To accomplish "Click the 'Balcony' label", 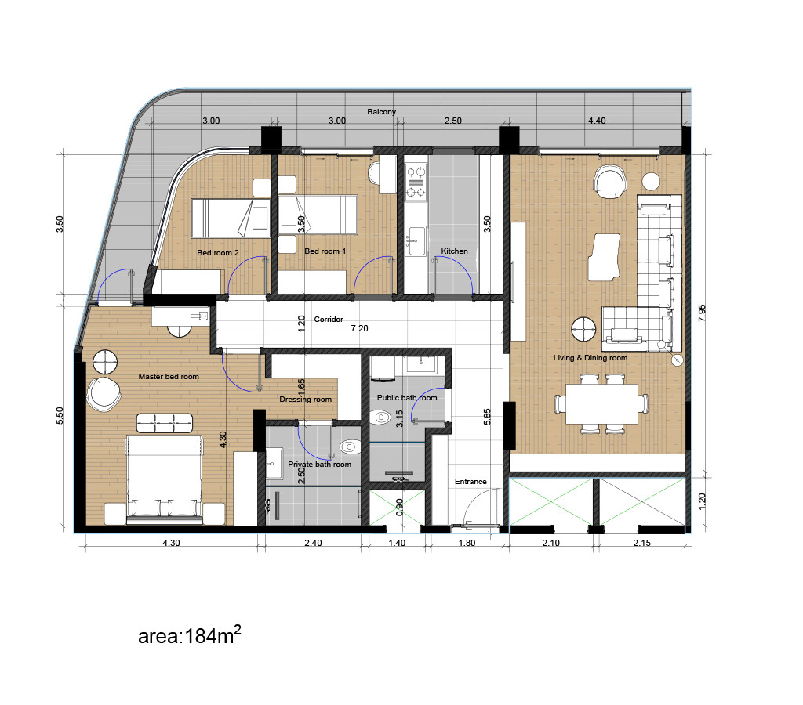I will click(382, 112).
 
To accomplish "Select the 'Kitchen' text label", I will click(454, 251).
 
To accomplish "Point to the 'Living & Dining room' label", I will click(590, 358).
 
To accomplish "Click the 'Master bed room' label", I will click(169, 377).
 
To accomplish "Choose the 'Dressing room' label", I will click(305, 399).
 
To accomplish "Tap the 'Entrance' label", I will click(471, 482).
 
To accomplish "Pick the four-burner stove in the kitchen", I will click(416, 181).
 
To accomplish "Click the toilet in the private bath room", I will click(347, 446).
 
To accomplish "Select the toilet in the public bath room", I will click(383, 418).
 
